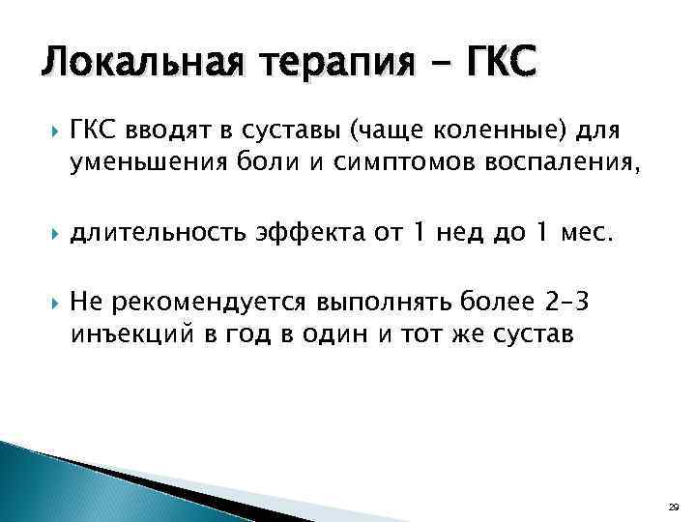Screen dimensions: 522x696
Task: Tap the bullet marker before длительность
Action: click(49, 231)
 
